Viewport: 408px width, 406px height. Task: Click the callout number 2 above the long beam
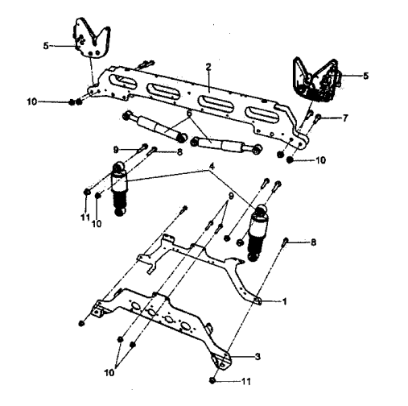point(208,67)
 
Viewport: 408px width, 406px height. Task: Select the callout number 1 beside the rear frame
point(285,301)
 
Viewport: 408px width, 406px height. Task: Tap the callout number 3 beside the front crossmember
point(258,357)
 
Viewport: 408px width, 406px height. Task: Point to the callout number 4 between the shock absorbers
point(212,167)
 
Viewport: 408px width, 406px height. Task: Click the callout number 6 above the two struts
point(189,114)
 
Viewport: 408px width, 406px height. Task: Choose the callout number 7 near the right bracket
point(345,118)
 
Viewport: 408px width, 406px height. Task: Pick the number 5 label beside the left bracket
point(46,46)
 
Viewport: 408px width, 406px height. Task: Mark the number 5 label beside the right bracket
point(366,76)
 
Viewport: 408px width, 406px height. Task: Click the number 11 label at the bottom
point(246,381)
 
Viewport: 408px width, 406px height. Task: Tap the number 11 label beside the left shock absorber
point(85,217)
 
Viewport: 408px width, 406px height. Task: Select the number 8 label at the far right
point(313,242)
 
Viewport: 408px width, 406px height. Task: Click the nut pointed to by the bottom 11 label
point(212,380)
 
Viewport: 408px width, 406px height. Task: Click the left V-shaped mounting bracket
point(92,38)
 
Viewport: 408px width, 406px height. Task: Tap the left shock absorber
point(119,188)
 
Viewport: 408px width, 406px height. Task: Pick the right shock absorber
point(258,233)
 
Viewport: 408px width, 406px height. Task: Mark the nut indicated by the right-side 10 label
point(290,160)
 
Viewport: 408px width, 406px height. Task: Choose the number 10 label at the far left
point(31,101)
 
